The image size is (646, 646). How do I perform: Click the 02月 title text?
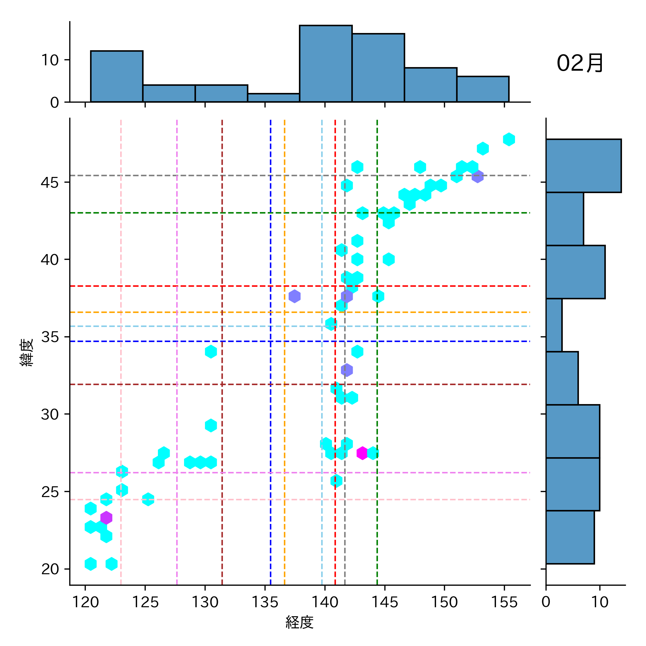coord(580,64)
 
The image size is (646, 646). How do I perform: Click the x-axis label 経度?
coord(299,622)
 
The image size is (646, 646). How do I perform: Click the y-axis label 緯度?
coord(27,352)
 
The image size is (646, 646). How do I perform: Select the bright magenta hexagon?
coord(362,453)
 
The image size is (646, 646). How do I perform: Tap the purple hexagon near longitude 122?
coord(106,518)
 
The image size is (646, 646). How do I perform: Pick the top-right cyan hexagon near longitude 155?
coord(509,139)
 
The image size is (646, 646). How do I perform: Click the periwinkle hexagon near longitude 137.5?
coord(294,296)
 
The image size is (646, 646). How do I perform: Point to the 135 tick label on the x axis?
coord(265,602)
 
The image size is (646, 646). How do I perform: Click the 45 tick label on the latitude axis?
coord(50,183)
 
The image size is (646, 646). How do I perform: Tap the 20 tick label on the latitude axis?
coord(50,569)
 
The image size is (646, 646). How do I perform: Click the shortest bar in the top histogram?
coord(273,98)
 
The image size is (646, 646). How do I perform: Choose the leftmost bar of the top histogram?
coord(117,76)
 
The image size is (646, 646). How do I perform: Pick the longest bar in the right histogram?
coord(583,166)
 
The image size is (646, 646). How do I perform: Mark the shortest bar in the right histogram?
coord(554,325)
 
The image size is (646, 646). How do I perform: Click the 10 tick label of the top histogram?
coord(50,60)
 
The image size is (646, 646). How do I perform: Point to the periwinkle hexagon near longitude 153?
coord(477,176)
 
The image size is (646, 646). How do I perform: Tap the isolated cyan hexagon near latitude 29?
coord(211,425)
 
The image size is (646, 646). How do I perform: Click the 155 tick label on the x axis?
coord(504,602)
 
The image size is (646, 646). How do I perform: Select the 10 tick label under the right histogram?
coord(599,602)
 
